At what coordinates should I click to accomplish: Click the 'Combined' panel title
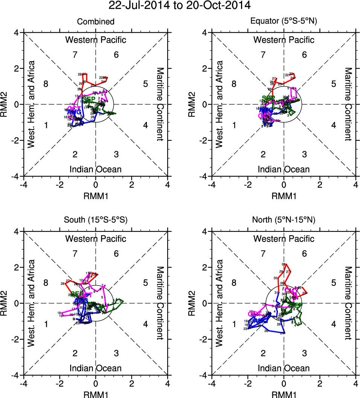(96, 22)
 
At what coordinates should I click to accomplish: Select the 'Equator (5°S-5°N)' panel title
(284, 22)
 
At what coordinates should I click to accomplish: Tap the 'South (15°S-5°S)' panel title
(96, 220)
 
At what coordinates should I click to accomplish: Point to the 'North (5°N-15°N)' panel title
(284, 220)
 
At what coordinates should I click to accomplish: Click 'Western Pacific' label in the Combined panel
(96, 40)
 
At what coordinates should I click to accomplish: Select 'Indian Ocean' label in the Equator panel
(284, 169)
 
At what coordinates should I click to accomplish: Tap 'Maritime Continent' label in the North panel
(348, 303)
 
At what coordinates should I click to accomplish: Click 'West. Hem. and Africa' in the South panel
(32, 303)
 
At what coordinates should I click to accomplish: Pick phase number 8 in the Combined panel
(46, 84)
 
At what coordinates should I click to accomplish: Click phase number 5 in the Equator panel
(333, 84)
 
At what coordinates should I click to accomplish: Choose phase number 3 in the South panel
(116, 353)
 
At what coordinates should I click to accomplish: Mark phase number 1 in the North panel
(234, 324)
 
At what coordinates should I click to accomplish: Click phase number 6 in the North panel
(304, 254)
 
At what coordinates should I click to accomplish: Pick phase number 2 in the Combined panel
(75, 154)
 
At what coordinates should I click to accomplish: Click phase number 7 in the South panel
(75, 254)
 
